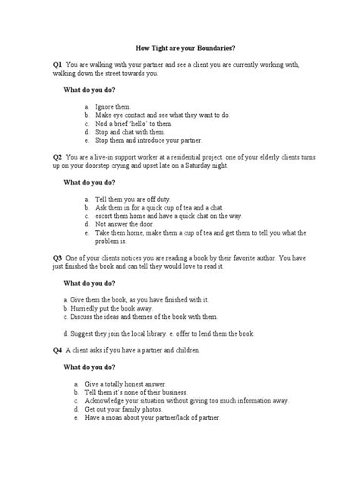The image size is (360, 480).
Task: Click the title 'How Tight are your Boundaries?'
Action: [x=180, y=48]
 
